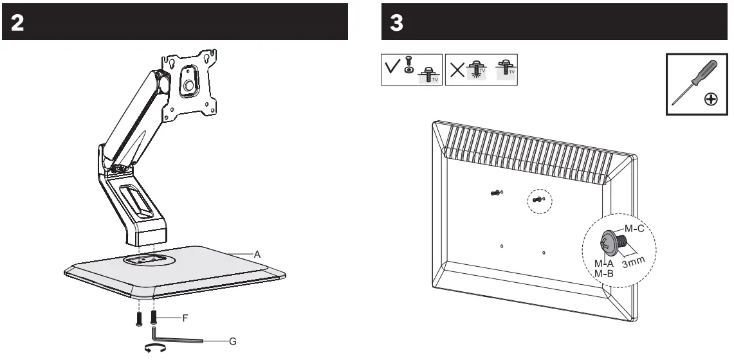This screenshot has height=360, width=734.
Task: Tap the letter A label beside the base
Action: tap(257, 255)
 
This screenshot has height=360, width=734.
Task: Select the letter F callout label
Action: tap(185, 318)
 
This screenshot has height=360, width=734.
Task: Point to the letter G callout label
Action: tap(233, 341)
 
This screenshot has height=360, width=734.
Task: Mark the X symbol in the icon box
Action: tap(456, 69)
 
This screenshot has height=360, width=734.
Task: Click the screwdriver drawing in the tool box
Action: tap(688, 82)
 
